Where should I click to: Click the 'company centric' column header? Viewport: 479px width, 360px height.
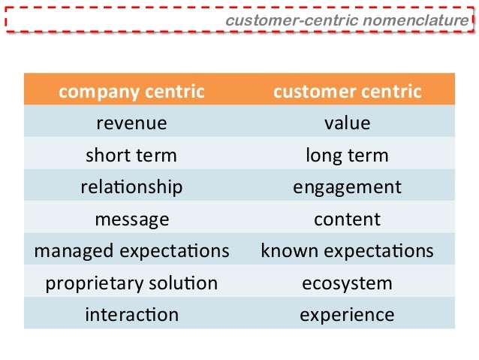(131, 92)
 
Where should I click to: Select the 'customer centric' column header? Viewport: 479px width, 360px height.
(347, 92)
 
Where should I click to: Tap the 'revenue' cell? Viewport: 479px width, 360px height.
(131, 123)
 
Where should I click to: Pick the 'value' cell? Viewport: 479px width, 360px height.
(347, 123)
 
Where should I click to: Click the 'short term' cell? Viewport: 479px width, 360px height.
(131, 156)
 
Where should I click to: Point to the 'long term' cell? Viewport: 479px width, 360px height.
(347, 156)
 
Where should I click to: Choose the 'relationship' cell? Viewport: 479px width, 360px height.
(131, 187)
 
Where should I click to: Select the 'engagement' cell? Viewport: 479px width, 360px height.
(347, 187)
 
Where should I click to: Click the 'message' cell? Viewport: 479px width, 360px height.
(131, 219)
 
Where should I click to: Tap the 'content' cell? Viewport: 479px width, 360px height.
(347, 219)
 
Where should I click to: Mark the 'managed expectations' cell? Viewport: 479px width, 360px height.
(131, 251)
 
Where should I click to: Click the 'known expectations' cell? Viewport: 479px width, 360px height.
(347, 251)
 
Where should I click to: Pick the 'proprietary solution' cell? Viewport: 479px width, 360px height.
(131, 283)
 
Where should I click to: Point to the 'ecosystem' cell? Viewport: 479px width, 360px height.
(347, 283)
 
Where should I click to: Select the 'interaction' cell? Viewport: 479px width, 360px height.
(131, 315)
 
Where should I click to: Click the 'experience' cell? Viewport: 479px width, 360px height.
(347, 315)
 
